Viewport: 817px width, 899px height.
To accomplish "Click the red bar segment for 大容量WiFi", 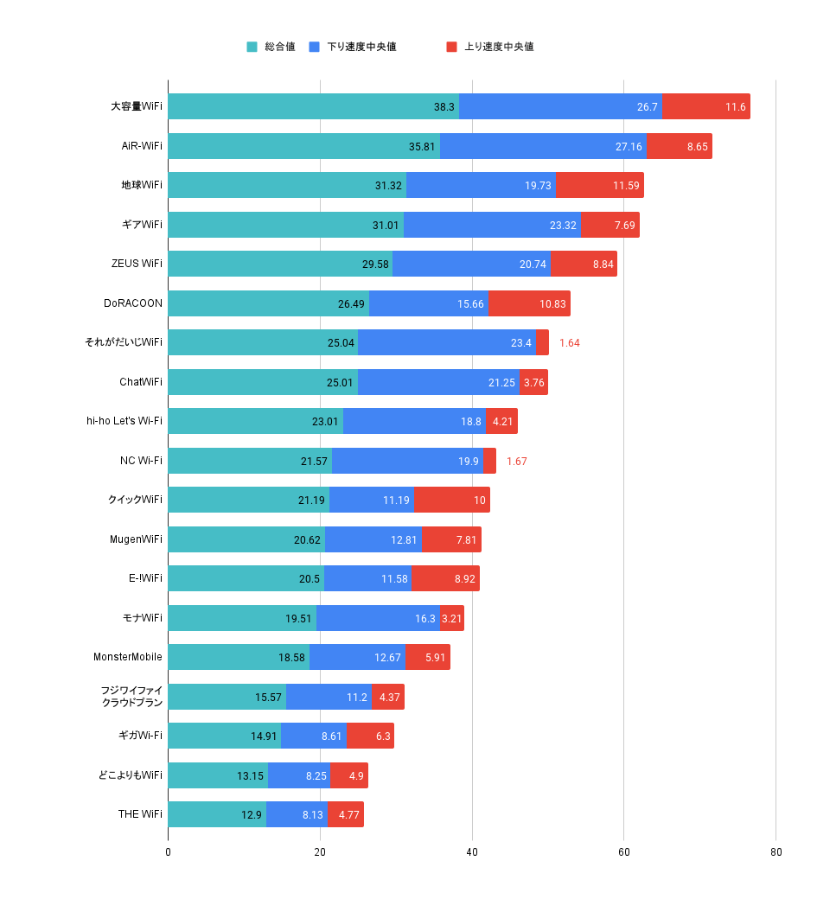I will click(705, 106).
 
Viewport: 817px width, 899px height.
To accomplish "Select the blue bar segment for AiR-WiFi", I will click(543, 146).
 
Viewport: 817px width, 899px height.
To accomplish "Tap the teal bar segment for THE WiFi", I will click(216, 814).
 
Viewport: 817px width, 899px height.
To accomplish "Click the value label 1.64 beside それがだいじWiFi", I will click(569, 343).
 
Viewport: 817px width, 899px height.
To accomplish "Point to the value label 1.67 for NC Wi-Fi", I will click(516, 461).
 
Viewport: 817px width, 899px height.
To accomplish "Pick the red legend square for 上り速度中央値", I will click(451, 47).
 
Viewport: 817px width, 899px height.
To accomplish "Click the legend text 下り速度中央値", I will click(361, 47).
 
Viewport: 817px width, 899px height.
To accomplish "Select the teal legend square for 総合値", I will click(252, 47).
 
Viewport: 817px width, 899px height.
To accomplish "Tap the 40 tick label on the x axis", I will click(472, 852).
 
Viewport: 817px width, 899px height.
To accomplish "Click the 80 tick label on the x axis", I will click(776, 852).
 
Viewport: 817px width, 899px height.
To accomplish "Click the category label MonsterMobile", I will click(127, 657).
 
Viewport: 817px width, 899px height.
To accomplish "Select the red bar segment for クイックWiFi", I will click(452, 500).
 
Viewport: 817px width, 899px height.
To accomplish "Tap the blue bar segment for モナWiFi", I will click(378, 618).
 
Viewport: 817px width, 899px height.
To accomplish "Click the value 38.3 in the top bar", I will click(444, 107).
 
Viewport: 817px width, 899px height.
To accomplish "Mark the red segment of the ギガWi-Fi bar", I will click(370, 736).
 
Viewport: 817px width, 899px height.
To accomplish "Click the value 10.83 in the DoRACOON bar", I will click(552, 303).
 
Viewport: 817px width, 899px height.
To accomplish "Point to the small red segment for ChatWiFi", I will click(533, 382).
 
